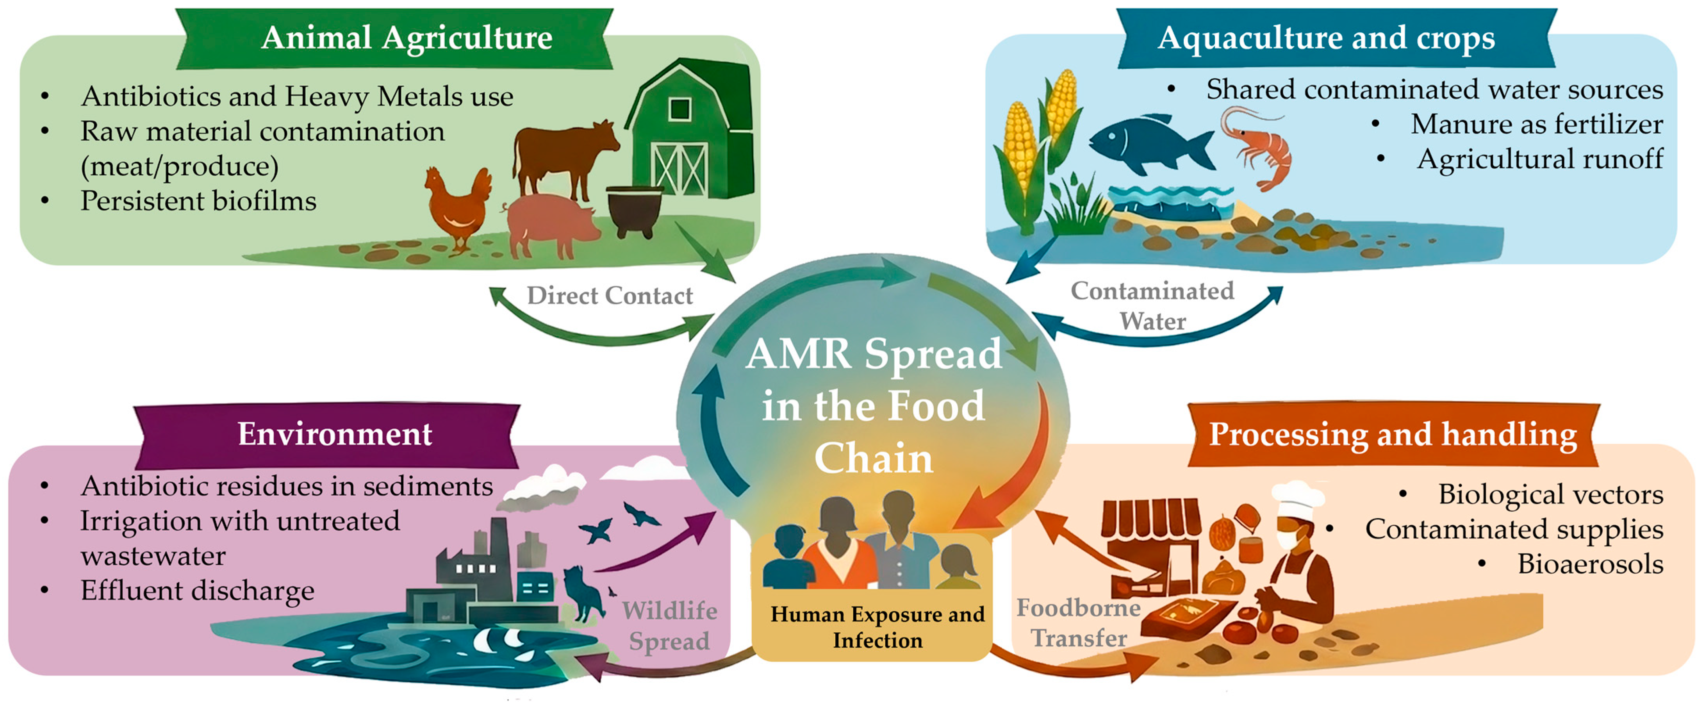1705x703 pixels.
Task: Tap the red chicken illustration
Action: [457, 205]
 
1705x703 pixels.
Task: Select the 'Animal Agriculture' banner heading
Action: [407, 38]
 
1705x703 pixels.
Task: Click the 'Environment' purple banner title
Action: [334, 434]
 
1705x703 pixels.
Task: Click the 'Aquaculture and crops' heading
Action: [1326, 38]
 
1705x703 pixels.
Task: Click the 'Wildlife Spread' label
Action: [669, 626]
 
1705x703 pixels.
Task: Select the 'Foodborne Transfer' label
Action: [1079, 623]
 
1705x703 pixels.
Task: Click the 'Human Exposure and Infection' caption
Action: [877, 627]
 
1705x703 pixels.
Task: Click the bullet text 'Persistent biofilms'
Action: [198, 201]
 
